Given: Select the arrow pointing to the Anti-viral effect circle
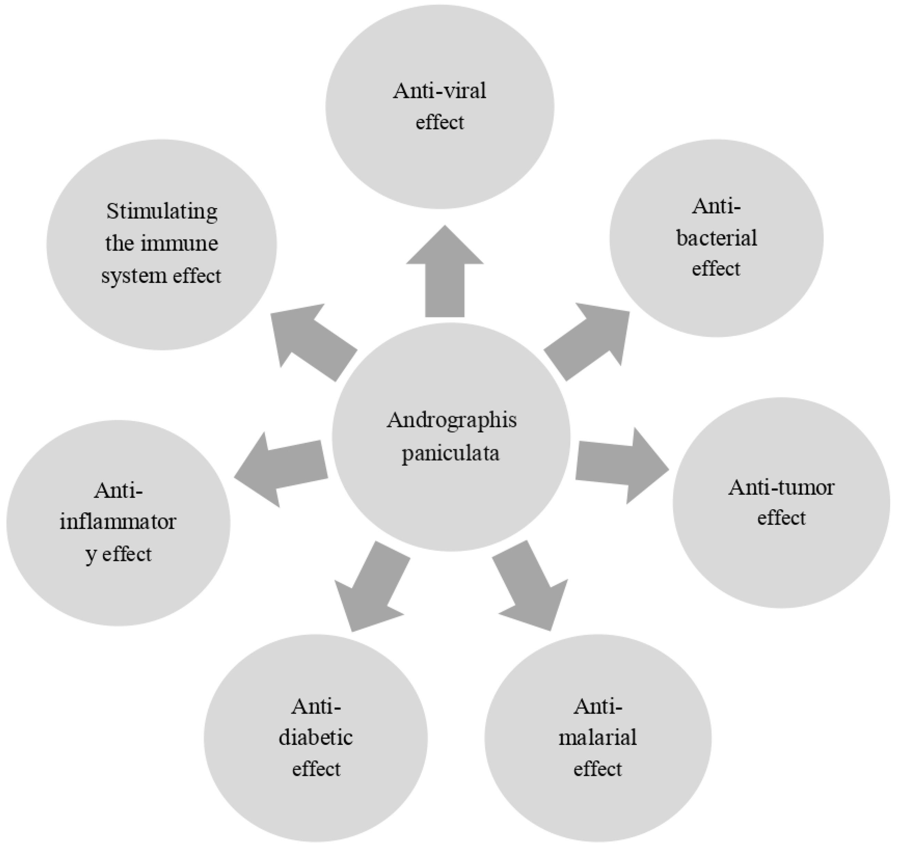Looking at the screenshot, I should [x=445, y=274].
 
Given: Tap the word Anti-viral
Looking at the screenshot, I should [x=440, y=91].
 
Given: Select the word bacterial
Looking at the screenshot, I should [x=716, y=238].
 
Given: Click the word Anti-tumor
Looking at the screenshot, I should [x=781, y=488].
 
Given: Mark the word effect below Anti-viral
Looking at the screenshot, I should [x=440, y=123].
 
